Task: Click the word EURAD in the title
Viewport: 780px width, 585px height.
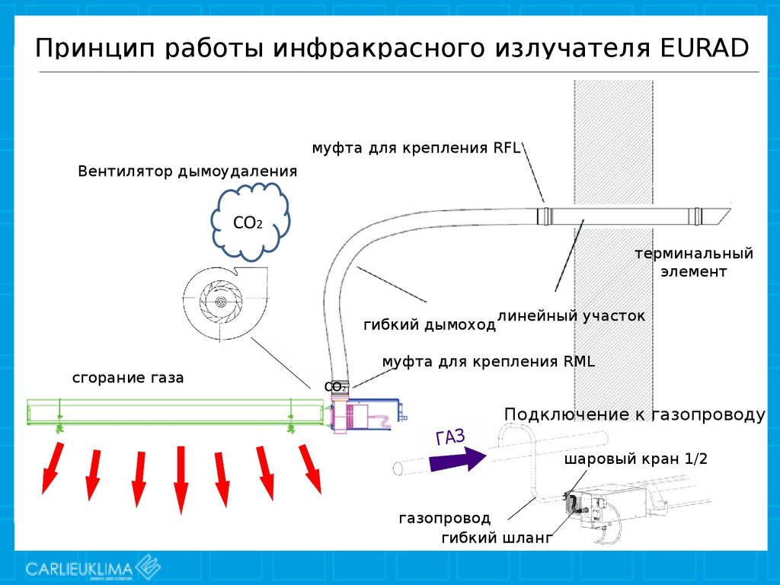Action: click(700, 48)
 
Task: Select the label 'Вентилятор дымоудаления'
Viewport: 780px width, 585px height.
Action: click(187, 171)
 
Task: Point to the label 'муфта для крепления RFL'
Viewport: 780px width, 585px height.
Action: click(416, 148)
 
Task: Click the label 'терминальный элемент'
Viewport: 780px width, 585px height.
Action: click(694, 262)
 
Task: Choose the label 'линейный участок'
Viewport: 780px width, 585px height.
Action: click(571, 315)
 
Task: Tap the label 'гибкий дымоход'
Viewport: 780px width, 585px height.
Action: click(429, 325)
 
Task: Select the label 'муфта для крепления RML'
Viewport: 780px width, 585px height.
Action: click(488, 362)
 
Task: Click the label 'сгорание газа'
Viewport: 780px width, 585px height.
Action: click(128, 378)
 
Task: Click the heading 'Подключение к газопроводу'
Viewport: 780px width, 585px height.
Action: click(634, 414)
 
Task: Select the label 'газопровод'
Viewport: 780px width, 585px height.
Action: click(444, 519)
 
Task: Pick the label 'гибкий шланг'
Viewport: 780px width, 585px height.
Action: click(496, 539)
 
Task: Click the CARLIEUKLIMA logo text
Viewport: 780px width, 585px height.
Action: click(79, 568)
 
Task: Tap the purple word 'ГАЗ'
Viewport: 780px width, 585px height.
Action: click(450, 437)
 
